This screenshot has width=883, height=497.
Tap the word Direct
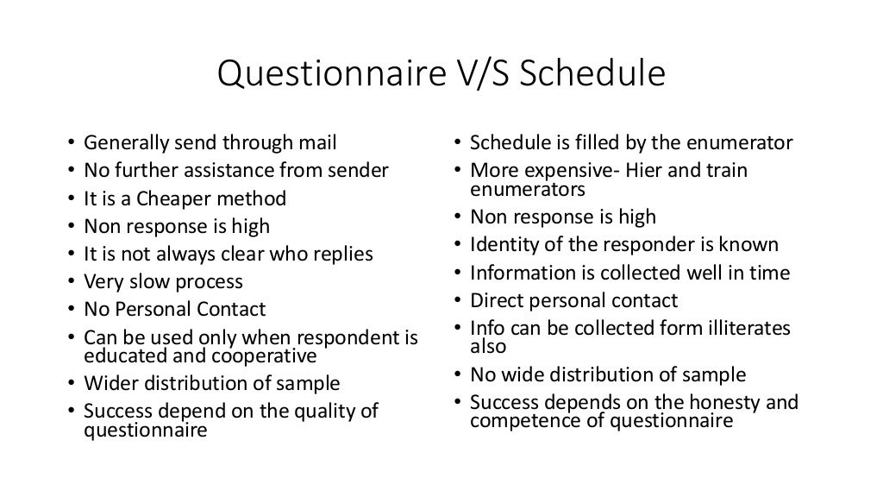click(x=494, y=300)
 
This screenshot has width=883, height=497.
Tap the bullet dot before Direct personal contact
click(x=460, y=301)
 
